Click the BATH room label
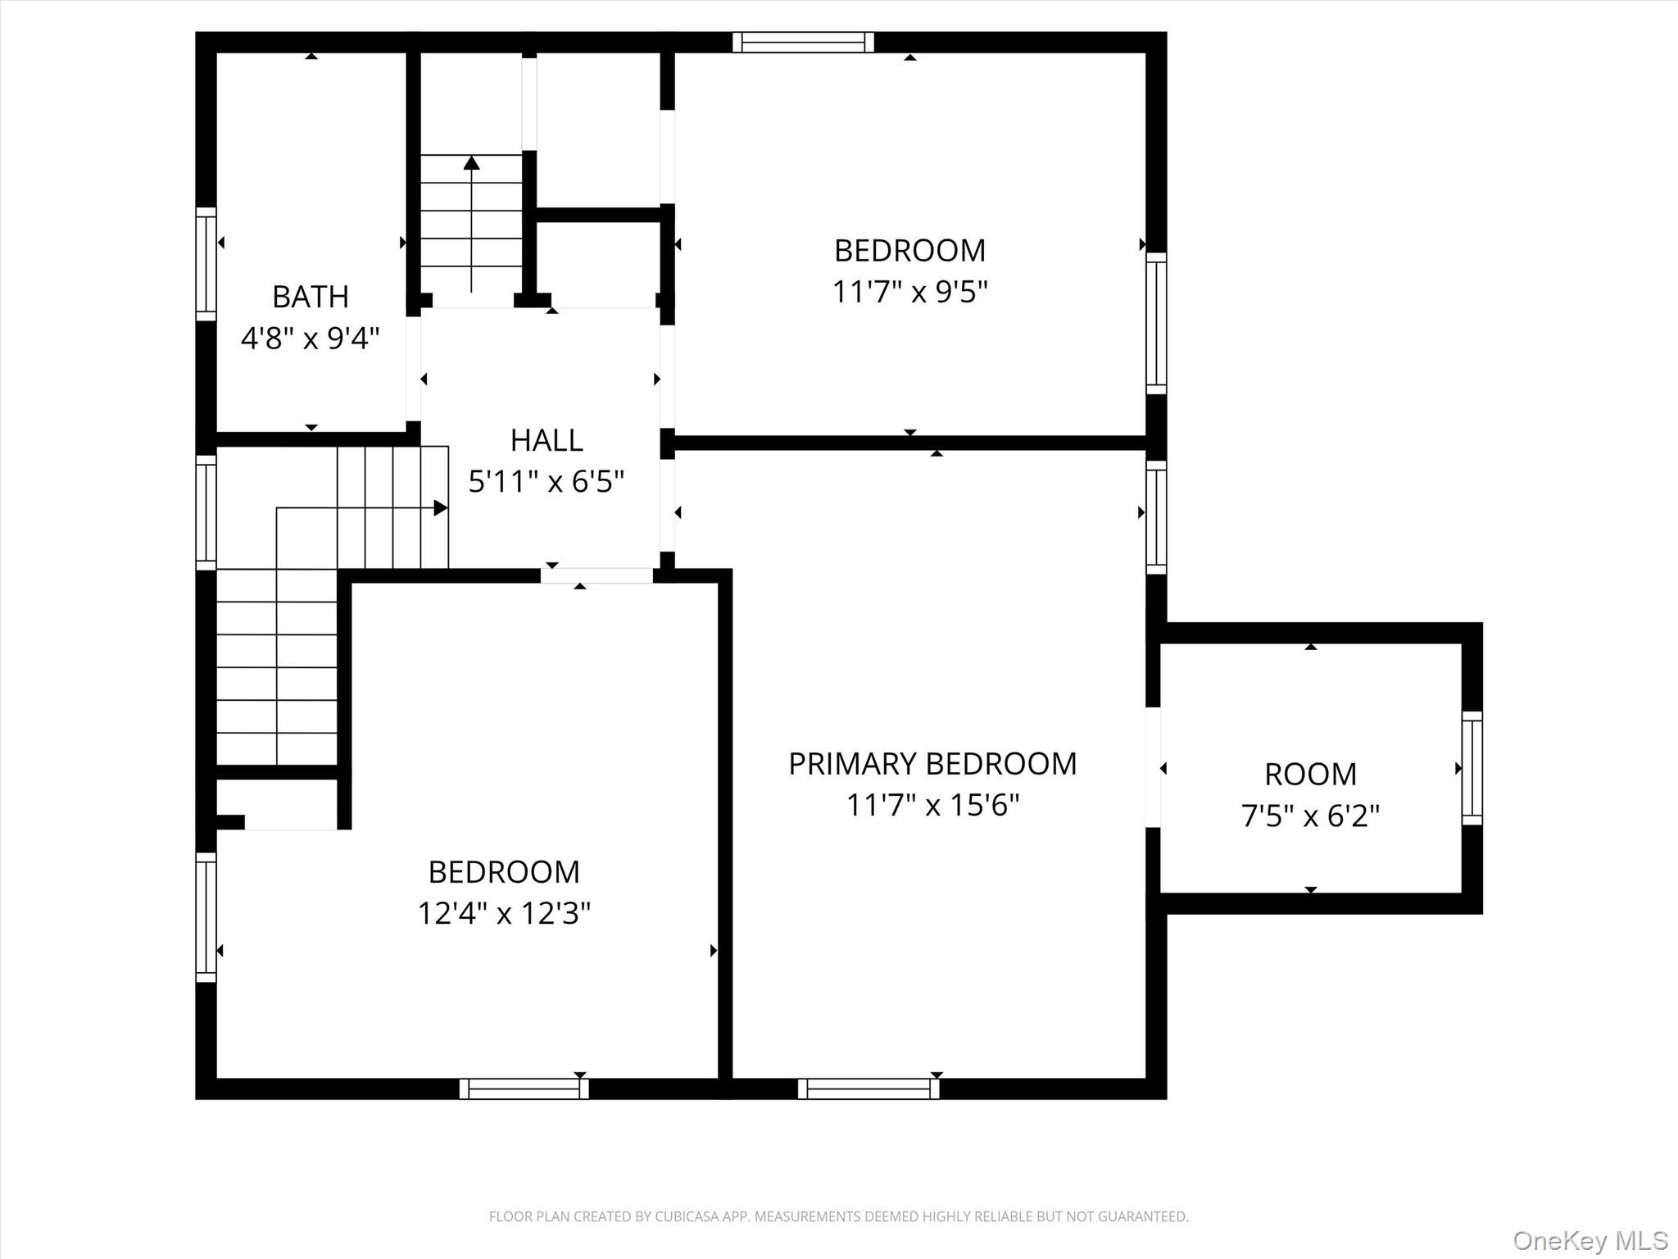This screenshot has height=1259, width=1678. point(311,297)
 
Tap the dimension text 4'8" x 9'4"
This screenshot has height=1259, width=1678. point(311,338)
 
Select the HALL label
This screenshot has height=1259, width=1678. point(546,441)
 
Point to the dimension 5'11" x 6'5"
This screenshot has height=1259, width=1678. point(546,481)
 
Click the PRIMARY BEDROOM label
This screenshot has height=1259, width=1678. point(932,764)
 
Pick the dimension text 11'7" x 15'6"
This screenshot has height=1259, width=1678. point(932,805)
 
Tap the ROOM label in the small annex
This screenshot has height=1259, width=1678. point(1310,775)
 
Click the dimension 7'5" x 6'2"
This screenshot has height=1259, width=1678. point(1310,816)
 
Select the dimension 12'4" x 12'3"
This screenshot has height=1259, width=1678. point(504,913)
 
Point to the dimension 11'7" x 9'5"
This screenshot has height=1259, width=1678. point(909,292)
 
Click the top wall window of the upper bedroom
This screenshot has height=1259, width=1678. point(803,42)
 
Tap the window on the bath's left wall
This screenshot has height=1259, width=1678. point(206,264)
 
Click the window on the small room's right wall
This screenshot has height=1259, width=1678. point(1472,768)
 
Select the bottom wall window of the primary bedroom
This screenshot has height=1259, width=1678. point(868,1089)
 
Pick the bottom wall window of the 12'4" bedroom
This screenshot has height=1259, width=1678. point(524,1089)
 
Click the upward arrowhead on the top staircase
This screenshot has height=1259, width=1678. point(471,162)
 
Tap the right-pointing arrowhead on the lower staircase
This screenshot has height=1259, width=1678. point(440,508)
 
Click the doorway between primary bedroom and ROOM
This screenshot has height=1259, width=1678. point(1154,767)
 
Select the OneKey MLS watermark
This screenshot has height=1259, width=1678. point(1590,1240)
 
